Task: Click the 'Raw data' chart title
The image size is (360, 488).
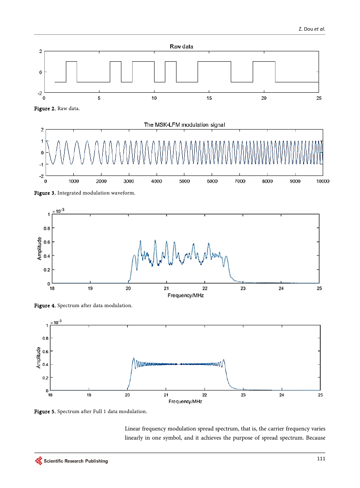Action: click(x=181, y=46)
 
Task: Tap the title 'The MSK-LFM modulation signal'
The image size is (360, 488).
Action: click(x=184, y=125)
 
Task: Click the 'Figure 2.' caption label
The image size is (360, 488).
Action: click(x=45, y=108)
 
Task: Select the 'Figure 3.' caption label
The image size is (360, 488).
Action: click(x=45, y=193)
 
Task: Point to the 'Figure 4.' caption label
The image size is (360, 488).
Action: click(x=45, y=305)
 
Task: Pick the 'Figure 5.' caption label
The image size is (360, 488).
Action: click(x=45, y=411)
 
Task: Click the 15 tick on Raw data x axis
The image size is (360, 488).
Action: click(x=209, y=98)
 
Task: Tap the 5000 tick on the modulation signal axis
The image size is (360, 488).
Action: click(x=184, y=181)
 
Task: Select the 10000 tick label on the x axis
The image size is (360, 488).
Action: click(x=323, y=181)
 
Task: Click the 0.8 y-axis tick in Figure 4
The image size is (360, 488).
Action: click(x=47, y=228)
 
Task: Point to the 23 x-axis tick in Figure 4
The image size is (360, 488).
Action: click(x=243, y=288)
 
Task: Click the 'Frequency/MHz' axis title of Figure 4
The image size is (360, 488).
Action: click(x=186, y=295)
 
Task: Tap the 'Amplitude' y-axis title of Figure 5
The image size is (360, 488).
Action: click(x=39, y=358)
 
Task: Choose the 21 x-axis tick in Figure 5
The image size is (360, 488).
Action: click(x=166, y=395)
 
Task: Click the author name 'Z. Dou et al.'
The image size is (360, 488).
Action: click(x=312, y=29)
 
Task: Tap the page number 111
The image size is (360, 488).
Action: click(x=321, y=458)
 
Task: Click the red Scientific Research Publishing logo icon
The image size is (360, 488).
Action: click(x=39, y=461)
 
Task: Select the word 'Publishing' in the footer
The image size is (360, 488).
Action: click(x=97, y=461)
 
